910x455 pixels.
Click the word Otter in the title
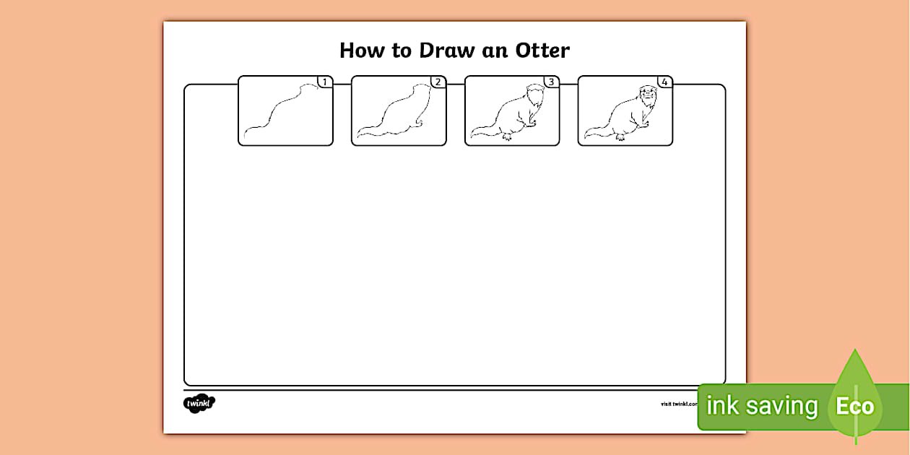pos(542,51)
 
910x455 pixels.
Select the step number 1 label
pos(325,82)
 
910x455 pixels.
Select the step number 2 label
pos(438,82)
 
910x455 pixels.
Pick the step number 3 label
pos(552,82)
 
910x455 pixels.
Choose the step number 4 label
pos(665,82)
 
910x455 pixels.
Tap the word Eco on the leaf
pos(855,407)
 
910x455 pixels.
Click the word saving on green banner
pos(781,407)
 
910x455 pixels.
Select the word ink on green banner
pos(723,407)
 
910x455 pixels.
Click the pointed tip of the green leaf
pos(855,352)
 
